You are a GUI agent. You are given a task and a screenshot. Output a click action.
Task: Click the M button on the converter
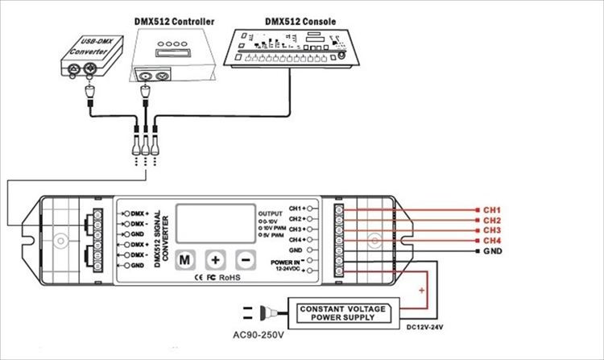(x=185, y=260)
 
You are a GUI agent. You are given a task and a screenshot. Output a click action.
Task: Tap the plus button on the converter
(x=216, y=260)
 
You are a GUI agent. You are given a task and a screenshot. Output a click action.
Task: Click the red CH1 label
(x=493, y=209)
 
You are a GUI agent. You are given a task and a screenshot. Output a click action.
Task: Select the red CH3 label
(x=493, y=230)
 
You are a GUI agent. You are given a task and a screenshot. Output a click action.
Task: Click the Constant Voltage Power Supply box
(x=342, y=313)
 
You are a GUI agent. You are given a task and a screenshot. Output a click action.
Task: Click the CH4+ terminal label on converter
(x=297, y=240)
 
